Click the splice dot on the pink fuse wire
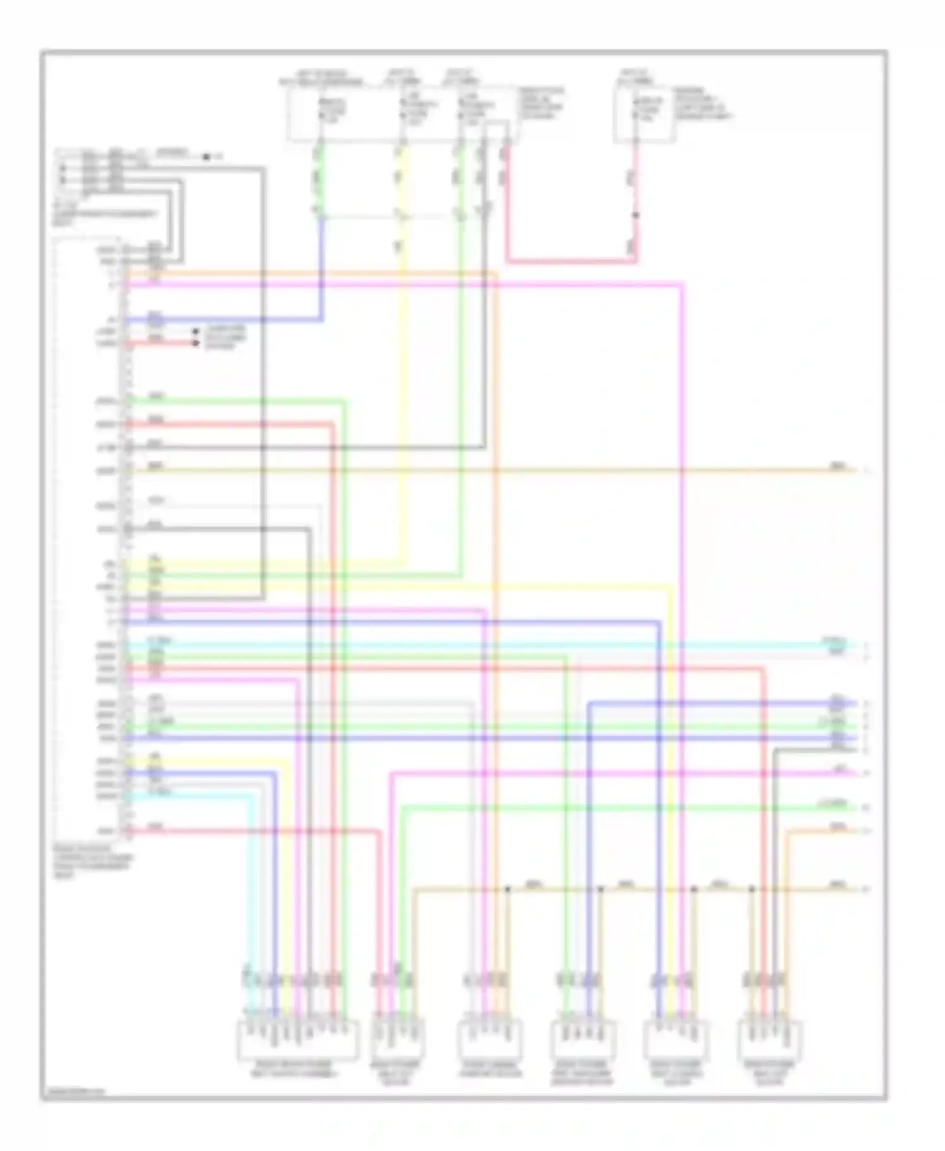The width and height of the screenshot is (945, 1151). [636, 215]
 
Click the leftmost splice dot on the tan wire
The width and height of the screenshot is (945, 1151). [507, 889]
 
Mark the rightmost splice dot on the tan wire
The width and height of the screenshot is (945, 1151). [752, 889]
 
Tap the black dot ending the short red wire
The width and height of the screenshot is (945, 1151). [195, 343]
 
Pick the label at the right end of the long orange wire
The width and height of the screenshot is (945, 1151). [838, 467]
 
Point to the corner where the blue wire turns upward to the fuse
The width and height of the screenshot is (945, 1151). [323, 320]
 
